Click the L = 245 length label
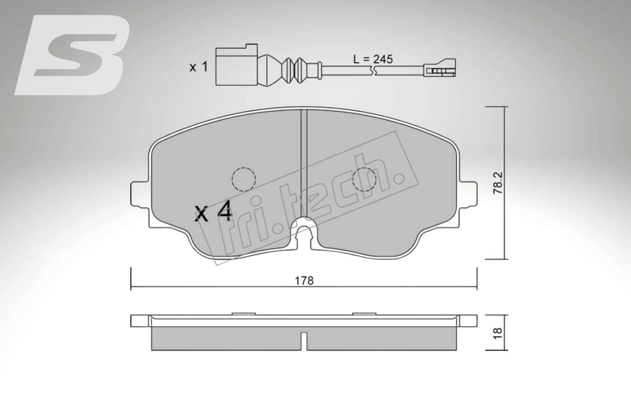pyautogui.click(x=373, y=59)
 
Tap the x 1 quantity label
pyautogui.click(x=198, y=68)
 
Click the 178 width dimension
pyautogui.click(x=304, y=281)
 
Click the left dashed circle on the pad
pyautogui.click(x=244, y=179)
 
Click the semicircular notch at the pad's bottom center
pyautogui.click(x=304, y=227)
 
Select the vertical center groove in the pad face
pyautogui.click(x=304, y=162)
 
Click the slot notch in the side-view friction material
pyautogui.click(x=304, y=341)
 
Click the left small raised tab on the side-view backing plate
pyautogui.click(x=244, y=314)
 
